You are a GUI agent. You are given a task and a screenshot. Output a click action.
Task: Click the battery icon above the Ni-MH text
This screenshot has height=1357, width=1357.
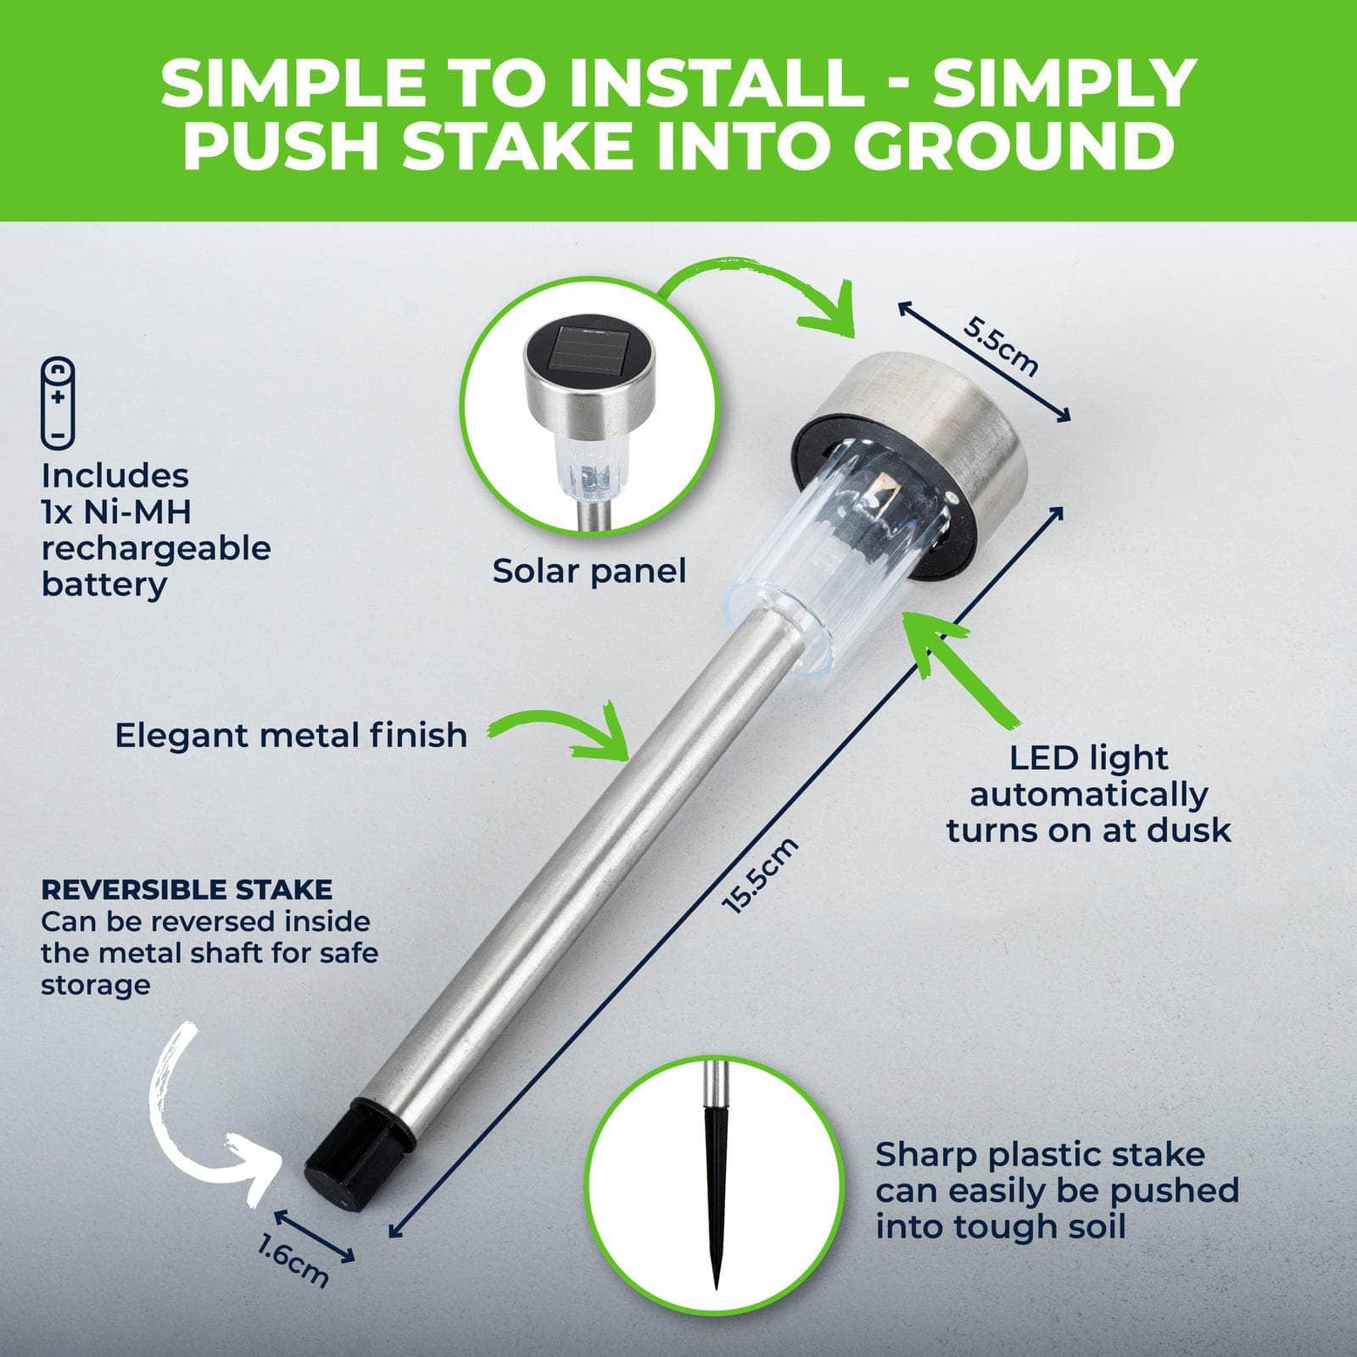point(58,403)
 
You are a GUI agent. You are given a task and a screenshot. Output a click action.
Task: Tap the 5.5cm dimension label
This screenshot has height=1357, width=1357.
point(1001,345)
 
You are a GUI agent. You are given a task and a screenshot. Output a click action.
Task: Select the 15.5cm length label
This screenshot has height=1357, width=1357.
point(760,875)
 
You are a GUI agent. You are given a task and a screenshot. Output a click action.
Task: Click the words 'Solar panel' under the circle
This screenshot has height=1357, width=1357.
point(589,571)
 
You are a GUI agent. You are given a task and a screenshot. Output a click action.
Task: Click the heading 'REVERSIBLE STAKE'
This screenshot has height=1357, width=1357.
point(187,890)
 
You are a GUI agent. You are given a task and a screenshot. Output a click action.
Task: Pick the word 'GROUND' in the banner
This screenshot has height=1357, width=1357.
point(1014,146)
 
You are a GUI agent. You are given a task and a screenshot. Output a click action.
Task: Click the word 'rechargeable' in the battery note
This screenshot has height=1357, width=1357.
point(156,549)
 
